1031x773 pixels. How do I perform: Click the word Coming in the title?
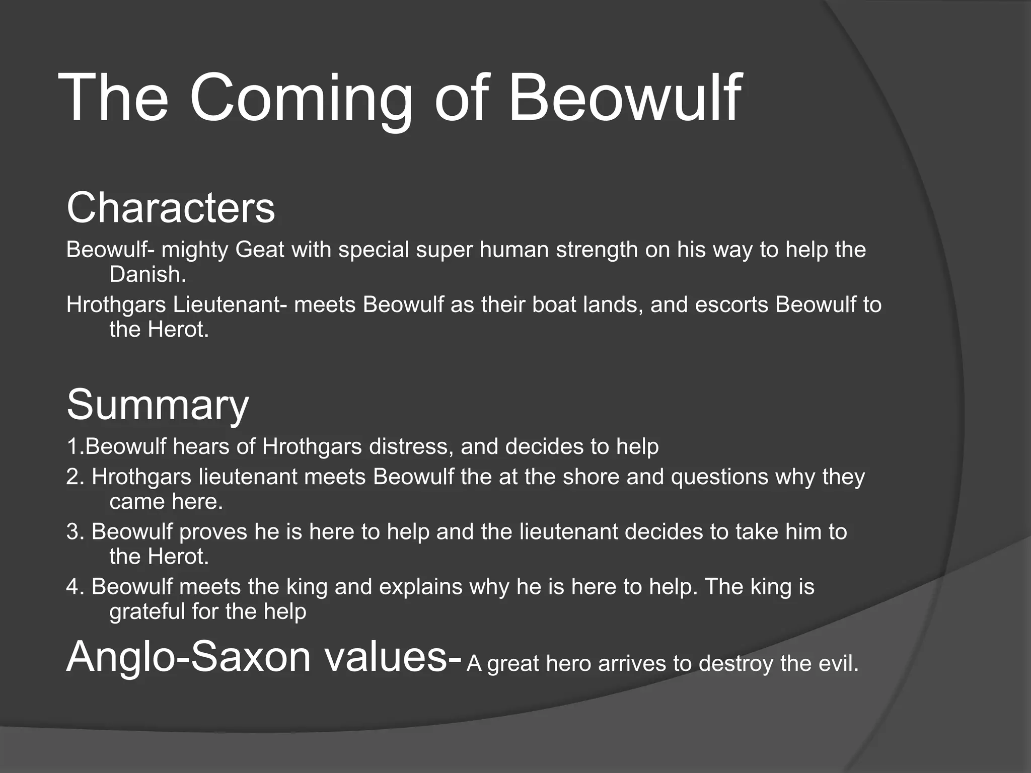pyautogui.click(x=301, y=98)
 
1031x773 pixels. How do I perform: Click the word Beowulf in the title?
pyautogui.click(x=624, y=98)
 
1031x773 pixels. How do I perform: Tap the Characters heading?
pyautogui.click(x=171, y=208)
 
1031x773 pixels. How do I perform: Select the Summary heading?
pyautogui.click(x=158, y=406)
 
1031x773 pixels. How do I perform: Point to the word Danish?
pyautogui.click(x=148, y=275)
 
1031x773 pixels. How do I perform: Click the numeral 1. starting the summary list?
pyautogui.click(x=75, y=447)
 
